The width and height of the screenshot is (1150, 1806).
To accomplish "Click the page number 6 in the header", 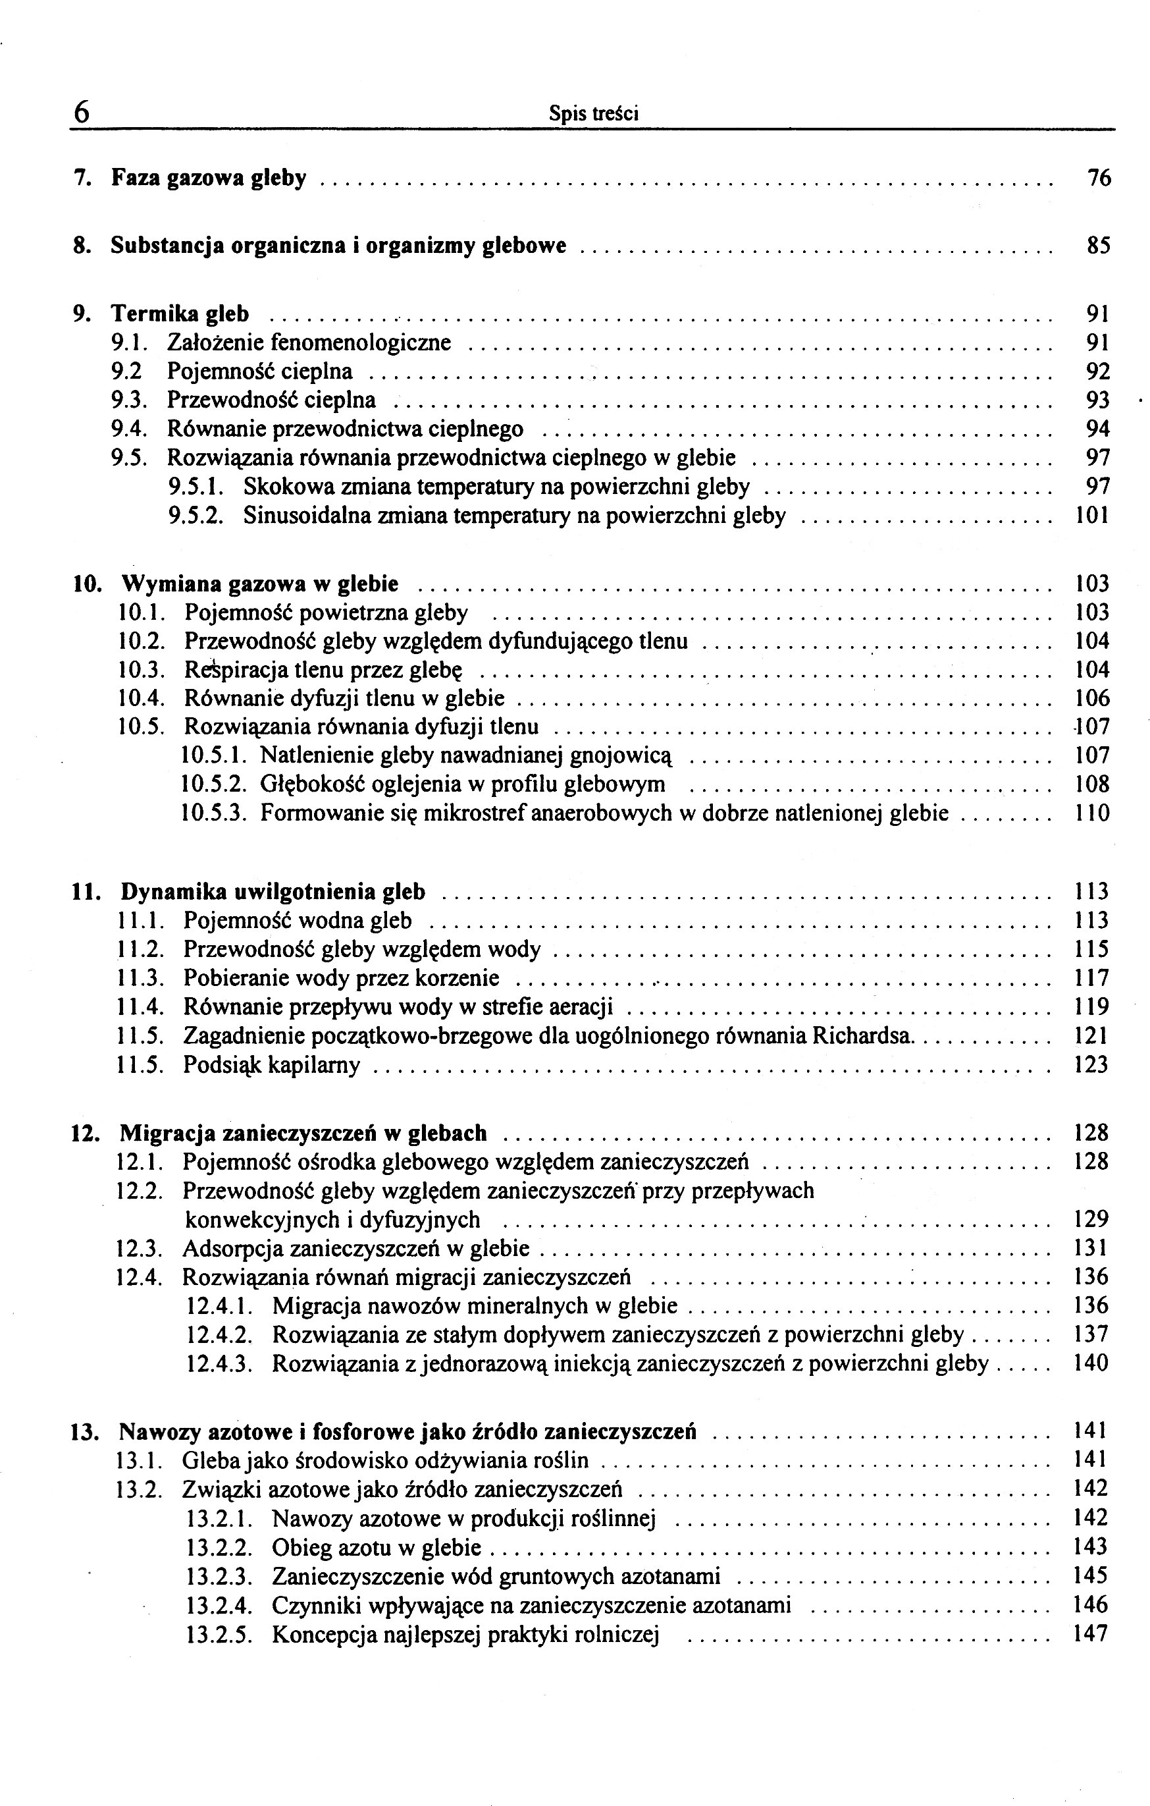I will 82,112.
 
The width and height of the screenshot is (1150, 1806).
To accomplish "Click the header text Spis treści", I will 593,114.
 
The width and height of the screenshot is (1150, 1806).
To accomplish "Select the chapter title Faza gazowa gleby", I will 209,178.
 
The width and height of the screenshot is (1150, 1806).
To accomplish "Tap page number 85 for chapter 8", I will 1098,245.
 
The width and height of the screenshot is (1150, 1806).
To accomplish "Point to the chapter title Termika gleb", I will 180,314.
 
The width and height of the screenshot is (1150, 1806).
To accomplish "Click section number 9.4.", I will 128,429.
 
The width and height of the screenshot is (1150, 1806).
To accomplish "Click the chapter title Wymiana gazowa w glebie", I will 259,584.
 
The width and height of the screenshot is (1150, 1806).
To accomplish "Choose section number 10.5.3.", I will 215,813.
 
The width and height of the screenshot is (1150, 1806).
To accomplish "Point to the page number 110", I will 1091,813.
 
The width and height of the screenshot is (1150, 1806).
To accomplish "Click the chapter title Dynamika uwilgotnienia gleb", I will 273,892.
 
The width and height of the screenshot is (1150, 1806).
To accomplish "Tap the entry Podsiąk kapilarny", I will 271,1065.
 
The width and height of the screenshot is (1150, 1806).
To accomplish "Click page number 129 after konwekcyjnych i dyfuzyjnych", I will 1091,1220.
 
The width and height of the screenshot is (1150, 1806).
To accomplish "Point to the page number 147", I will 1091,1633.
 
